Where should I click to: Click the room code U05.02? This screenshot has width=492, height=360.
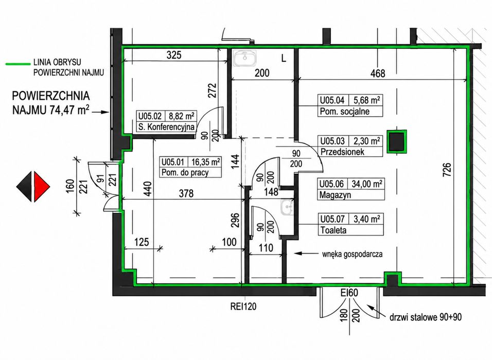[x=150, y=116]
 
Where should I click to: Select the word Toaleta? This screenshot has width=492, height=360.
[x=333, y=230]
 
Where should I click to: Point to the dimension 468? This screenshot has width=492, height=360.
[x=377, y=74]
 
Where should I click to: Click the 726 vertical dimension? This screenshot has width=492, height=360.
[x=447, y=170]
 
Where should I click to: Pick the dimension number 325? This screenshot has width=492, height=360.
[x=174, y=55]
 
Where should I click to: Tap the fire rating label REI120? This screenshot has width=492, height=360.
[x=243, y=307]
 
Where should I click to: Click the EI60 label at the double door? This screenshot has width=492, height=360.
[x=349, y=293]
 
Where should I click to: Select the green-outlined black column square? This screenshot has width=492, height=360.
[x=397, y=141]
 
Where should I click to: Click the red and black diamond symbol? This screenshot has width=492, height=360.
[x=33, y=186]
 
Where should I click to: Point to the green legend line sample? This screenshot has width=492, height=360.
[x=18, y=64]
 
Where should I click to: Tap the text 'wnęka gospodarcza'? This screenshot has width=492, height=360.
[x=352, y=254]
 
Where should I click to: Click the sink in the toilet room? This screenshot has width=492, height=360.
[x=288, y=207]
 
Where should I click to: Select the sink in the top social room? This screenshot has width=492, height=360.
[x=245, y=58]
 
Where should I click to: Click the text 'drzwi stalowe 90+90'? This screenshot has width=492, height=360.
[x=426, y=317]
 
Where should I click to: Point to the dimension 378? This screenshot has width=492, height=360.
[x=186, y=193]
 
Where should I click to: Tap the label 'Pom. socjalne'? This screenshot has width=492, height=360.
[x=344, y=111]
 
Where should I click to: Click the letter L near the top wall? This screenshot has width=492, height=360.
[x=284, y=58]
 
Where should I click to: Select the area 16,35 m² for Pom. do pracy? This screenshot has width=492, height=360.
[x=205, y=162]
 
